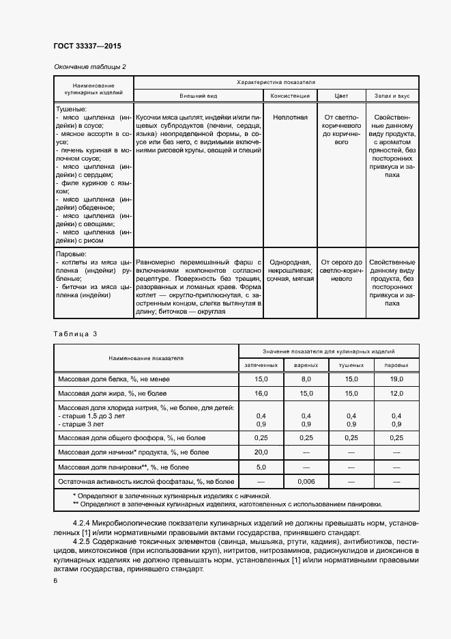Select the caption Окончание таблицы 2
tap(89, 66)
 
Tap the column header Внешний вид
tap(198, 96)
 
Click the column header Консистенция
tap(290, 96)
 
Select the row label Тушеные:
tap(71, 109)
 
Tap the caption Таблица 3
tap(75, 334)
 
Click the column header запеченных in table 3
tap(261, 366)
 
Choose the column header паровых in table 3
tap(397, 366)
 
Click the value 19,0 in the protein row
tap(397, 379)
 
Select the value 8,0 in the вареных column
tap(306, 379)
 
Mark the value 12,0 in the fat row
tap(397, 394)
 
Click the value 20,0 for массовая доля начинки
tap(261, 452)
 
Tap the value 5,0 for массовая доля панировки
tap(261, 467)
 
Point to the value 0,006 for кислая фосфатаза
tap(306, 482)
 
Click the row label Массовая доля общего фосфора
tap(133, 437)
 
